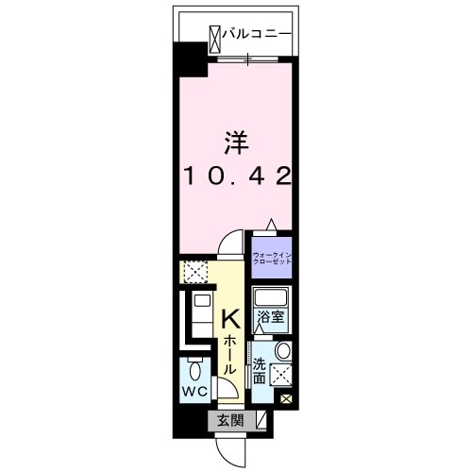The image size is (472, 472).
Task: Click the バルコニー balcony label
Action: pos(257,35)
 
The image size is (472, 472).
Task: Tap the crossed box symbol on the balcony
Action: pos(214,35)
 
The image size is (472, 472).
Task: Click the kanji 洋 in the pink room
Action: pos(236,143)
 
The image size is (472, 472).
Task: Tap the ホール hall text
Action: pos(229,356)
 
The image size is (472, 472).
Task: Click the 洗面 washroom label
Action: pos(260,372)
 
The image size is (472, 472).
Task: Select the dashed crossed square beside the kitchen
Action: pos(195,273)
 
